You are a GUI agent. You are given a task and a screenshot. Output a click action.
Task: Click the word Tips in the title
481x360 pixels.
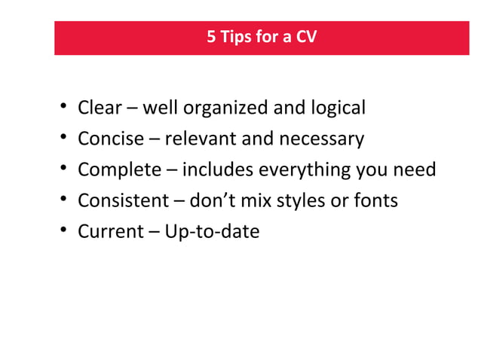[238, 37]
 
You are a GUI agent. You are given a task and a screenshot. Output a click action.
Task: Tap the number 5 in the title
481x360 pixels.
[212, 37]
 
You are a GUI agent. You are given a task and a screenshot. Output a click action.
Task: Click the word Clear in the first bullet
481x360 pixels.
[100, 108]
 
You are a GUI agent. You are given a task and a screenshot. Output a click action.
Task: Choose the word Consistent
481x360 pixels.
[123, 201]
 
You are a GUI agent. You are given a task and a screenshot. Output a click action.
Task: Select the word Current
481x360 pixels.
[109, 232]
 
